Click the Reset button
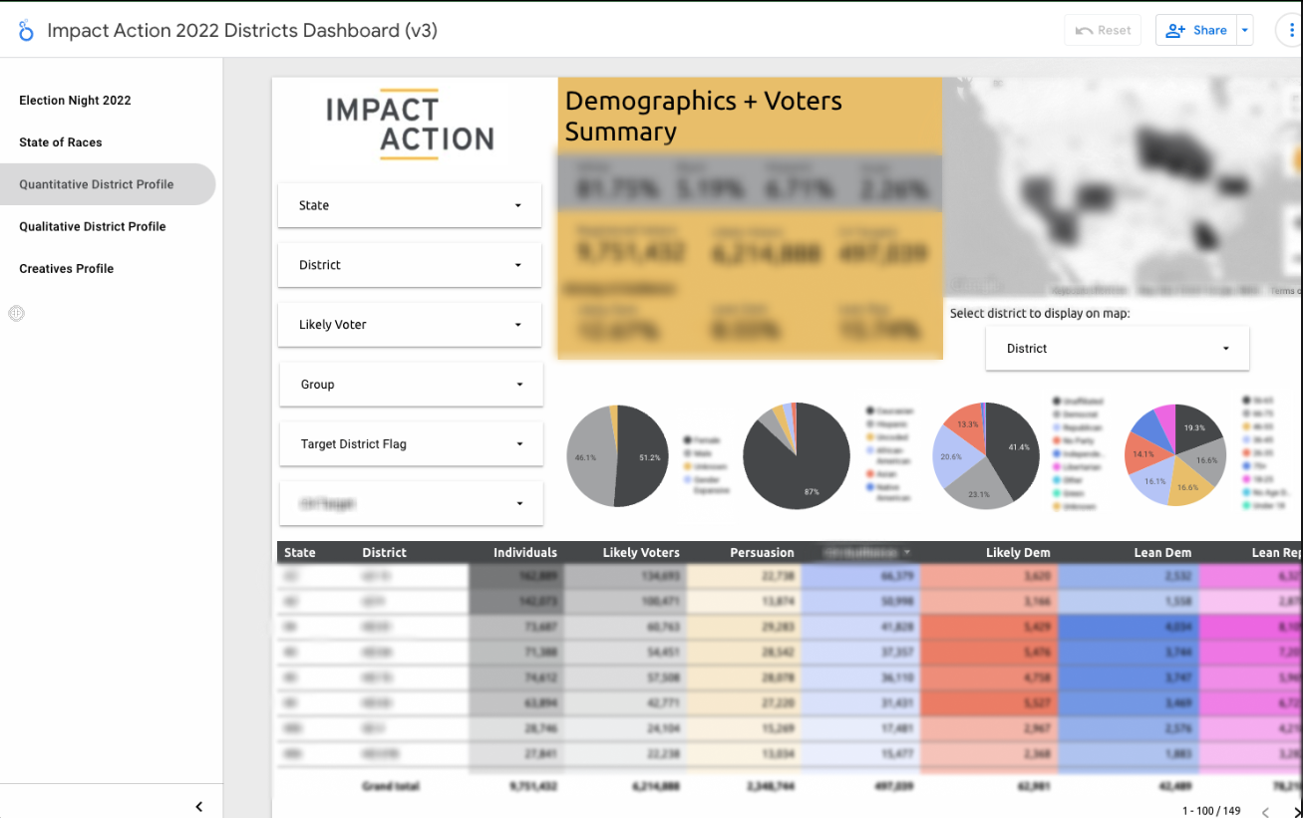[x=1103, y=30]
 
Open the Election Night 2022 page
[x=75, y=101]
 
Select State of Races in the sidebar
[x=61, y=142]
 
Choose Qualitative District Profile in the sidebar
[x=93, y=226]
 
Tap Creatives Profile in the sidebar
[x=67, y=268]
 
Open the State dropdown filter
[x=410, y=205]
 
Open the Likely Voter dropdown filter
[x=410, y=325]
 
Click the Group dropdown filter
[x=410, y=385]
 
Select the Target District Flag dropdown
[x=410, y=444]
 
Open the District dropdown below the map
[x=1117, y=349]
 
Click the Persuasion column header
[x=762, y=553]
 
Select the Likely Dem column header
[x=1018, y=553]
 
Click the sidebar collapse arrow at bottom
[x=198, y=807]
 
